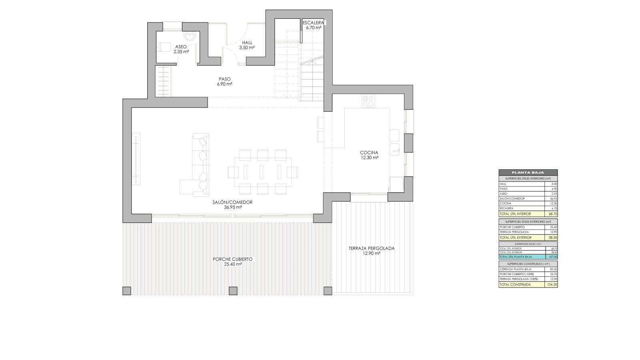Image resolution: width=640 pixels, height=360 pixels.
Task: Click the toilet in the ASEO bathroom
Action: (x=162, y=47)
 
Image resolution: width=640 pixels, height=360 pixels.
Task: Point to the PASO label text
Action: (x=224, y=81)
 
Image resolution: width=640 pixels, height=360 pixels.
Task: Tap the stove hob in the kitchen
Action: (x=368, y=101)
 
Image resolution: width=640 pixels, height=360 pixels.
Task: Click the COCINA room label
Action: (x=369, y=155)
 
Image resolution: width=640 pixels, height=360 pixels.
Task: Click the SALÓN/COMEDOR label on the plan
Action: (x=232, y=204)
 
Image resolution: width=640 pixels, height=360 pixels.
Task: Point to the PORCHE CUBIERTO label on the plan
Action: (x=232, y=262)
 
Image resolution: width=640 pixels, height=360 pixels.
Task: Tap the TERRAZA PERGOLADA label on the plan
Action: (x=371, y=250)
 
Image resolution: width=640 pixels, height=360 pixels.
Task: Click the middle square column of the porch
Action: (x=232, y=291)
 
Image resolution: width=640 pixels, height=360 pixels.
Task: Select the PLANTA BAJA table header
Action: (x=528, y=172)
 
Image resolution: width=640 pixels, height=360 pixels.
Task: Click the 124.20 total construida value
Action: (x=552, y=285)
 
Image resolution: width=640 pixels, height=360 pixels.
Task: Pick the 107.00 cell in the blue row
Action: (x=553, y=257)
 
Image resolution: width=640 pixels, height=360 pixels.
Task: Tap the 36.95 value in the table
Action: (x=553, y=199)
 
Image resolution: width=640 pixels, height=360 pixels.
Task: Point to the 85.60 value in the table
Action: (x=553, y=269)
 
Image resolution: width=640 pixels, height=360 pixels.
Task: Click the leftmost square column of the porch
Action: (x=127, y=291)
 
